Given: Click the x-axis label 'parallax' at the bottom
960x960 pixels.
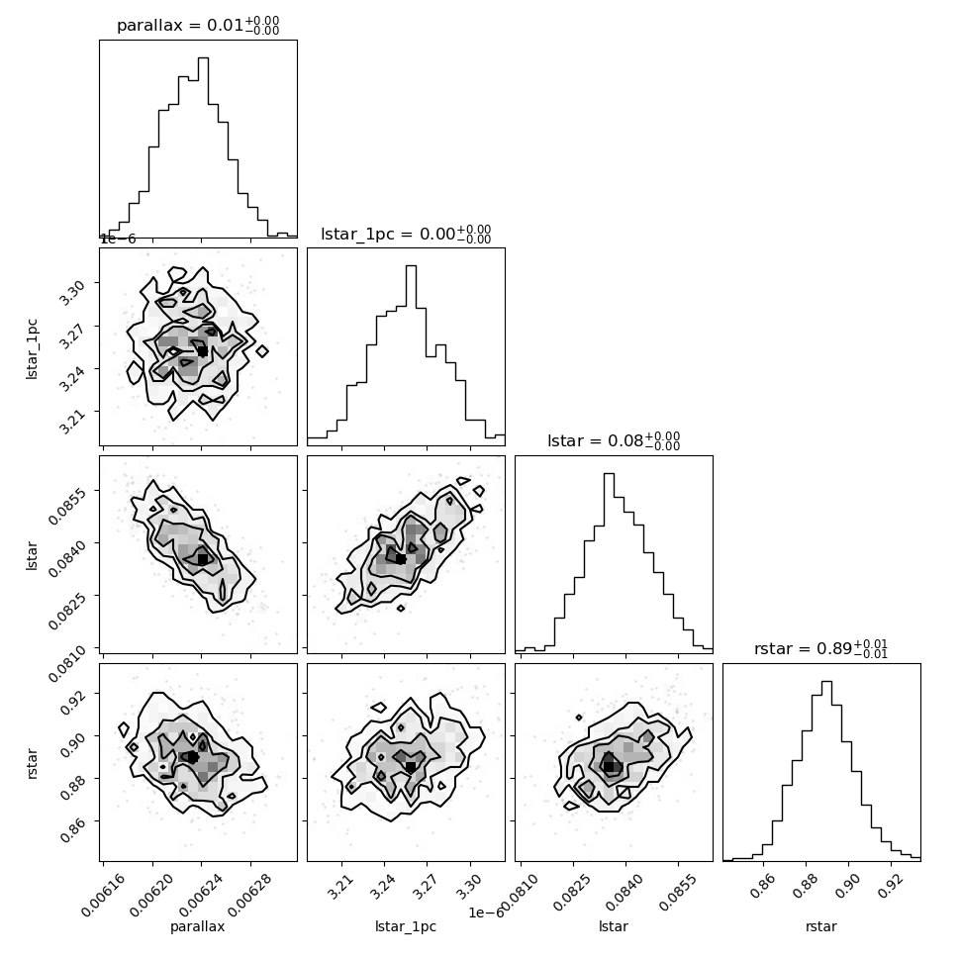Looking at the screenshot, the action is [x=198, y=926].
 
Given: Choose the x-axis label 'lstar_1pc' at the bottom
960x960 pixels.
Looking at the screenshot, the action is [x=406, y=926].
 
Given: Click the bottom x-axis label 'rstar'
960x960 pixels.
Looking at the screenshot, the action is [x=821, y=926].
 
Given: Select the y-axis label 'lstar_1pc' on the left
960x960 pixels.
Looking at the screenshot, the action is [x=32, y=348].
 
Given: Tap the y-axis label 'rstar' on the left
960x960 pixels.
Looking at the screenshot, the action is [x=32, y=763].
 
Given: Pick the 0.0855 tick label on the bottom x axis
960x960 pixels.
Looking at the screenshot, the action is [x=679, y=893].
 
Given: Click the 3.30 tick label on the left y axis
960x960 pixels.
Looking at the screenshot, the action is [x=71, y=291].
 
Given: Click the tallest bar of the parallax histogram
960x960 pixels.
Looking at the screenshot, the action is [x=203, y=146].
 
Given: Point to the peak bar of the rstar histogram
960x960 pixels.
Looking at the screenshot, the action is [x=826, y=771].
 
